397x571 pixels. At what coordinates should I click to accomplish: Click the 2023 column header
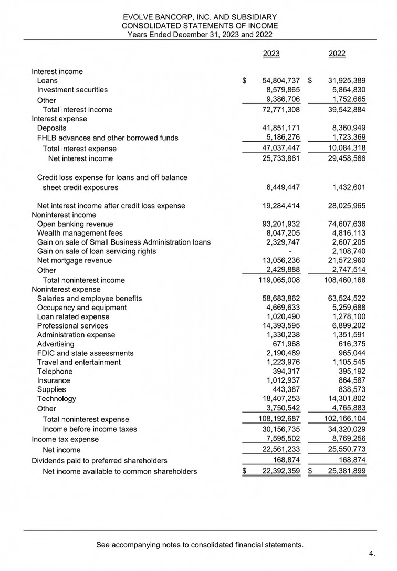(271, 54)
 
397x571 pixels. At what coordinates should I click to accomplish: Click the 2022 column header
(337, 54)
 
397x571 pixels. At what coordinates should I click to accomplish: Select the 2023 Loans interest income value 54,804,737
(280, 81)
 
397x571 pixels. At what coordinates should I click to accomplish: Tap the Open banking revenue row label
(75, 224)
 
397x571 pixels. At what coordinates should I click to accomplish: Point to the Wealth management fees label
(80, 233)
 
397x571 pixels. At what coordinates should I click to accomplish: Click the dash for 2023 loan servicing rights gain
(290, 251)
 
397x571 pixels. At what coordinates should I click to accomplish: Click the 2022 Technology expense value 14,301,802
(344, 399)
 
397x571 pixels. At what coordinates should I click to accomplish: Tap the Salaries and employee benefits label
(89, 299)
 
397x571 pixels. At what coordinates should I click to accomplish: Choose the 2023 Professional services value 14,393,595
(280, 326)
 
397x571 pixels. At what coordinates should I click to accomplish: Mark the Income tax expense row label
(65, 439)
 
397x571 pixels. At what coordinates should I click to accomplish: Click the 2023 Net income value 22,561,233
(280, 449)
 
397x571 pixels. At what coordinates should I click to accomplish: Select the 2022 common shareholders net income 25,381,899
(344, 471)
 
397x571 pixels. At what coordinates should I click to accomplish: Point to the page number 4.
(372, 553)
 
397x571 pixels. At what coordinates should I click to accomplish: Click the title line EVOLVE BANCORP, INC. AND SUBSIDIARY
(200, 17)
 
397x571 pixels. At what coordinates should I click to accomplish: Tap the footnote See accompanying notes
(200, 545)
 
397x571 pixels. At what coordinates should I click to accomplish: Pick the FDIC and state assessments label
(85, 353)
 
